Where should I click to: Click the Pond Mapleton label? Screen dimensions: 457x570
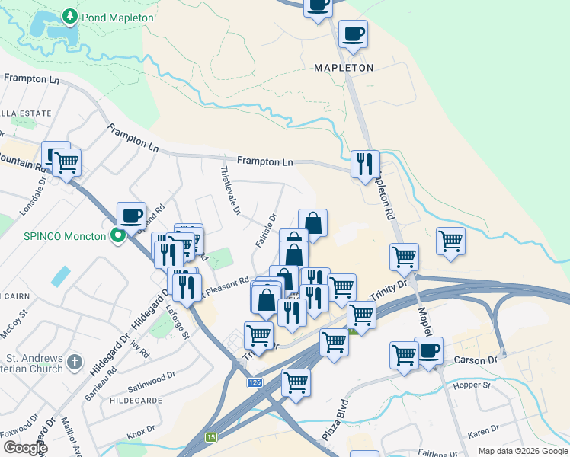pyautogui.click(x=119, y=17)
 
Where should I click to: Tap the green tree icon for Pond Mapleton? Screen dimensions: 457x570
pyautogui.click(x=70, y=16)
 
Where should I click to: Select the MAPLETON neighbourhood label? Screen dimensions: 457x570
pyautogui.click(x=344, y=68)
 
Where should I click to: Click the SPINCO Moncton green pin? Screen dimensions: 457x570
pyautogui.click(x=117, y=236)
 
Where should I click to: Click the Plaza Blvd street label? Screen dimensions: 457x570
pyautogui.click(x=336, y=417)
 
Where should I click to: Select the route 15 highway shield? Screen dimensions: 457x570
pyautogui.click(x=211, y=437)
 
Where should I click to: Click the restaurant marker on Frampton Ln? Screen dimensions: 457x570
pyautogui.click(x=365, y=163)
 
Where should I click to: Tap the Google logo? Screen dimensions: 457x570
pyautogui.click(x=24, y=447)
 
